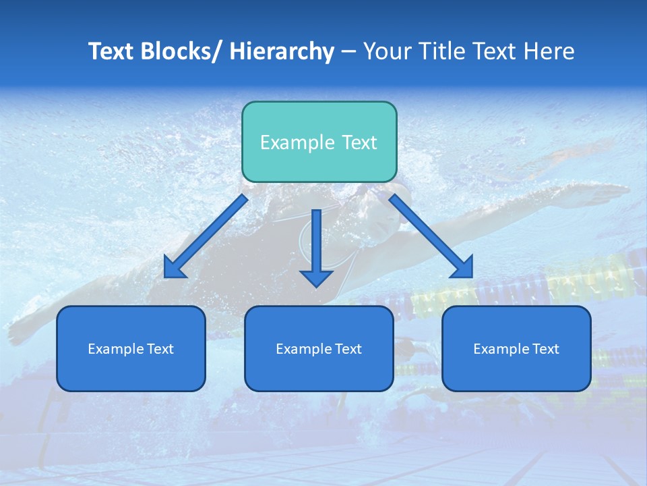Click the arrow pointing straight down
[316, 247]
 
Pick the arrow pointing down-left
[205, 237]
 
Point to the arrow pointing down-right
[431, 237]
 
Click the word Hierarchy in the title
[281, 51]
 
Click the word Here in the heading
[549, 51]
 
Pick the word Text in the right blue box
[545, 349]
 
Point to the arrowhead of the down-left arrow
[174, 268]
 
